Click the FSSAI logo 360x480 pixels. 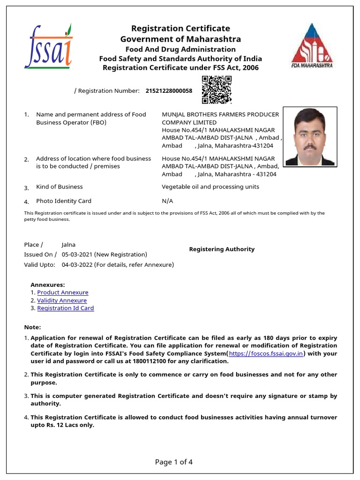pos(48,46)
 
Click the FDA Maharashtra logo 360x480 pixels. pos(312,45)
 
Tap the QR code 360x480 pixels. pos(217,90)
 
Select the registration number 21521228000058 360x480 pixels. pos(169,91)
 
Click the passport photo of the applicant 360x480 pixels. pos(310,137)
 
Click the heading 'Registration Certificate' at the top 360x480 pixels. pos(180,29)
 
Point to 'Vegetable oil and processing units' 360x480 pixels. pos(210,187)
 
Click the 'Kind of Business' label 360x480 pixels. pos(60,187)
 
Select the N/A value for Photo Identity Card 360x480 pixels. pos(167,201)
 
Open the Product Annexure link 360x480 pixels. pos(63,292)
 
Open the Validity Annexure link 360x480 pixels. pos(62,300)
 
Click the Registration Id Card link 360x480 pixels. pos(66,308)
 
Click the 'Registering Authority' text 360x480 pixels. pos(222,249)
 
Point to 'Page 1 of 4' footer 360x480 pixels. pos(174,462)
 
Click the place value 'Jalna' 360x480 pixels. pos(68,245)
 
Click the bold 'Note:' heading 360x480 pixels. pos(32,327)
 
